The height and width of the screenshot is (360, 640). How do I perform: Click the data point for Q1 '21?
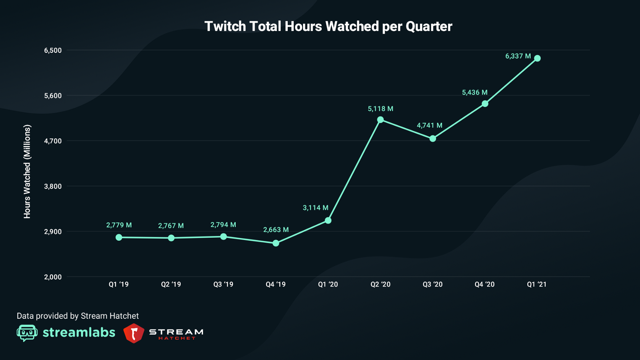coord(537,58)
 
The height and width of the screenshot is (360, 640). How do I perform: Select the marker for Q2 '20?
coord(380,120)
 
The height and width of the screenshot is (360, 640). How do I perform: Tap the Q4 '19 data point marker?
coord(276,243)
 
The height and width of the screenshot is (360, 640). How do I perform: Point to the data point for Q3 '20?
coord(433,138)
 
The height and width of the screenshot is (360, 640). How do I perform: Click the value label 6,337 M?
coord(518,56)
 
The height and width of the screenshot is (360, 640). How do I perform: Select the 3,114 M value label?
coord(315,208)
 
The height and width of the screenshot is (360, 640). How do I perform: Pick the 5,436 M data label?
coord(475,92)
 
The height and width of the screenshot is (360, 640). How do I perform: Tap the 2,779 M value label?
coord(119,225)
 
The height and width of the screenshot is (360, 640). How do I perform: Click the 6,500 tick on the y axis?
coord(53,50)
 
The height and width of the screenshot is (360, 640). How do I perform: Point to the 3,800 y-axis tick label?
coord(53,186)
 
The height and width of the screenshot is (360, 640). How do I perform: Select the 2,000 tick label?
coord(53,277)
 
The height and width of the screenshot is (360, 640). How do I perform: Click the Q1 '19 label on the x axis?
coord(118,284)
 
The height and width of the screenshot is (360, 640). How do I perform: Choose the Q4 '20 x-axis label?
coord(484,284)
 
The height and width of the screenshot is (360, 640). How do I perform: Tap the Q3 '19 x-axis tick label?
coord(223,284)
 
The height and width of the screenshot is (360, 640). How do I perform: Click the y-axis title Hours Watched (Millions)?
coord(27,172)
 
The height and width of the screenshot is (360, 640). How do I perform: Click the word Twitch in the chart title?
coord(225,26)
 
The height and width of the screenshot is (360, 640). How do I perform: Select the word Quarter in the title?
coord(429,26)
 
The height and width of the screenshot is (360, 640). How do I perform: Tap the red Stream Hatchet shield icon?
coord(134,333)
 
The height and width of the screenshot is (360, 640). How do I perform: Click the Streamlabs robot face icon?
coord(27,333)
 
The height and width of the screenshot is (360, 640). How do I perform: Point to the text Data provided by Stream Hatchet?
coord(78,316)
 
